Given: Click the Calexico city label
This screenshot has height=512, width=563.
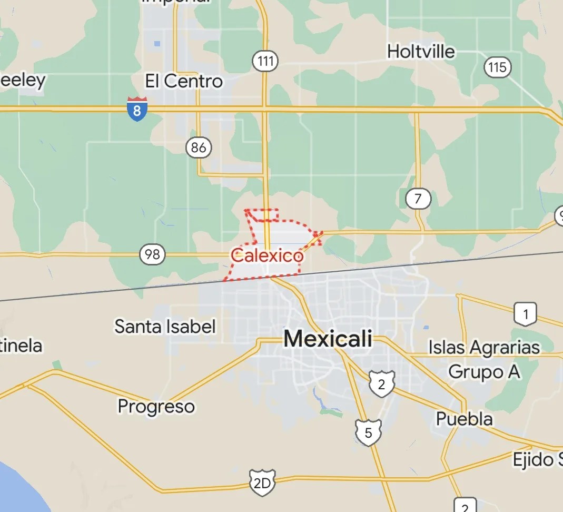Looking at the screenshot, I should click(x=267, y=257).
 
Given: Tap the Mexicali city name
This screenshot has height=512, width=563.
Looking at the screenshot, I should click(x=328, y=339).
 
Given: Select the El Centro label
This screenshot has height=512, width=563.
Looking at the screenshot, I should click(x=184, y=81).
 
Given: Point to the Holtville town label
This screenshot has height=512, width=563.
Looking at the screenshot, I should click(x=421, y=52).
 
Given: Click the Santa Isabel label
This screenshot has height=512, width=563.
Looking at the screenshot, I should click(x=165, y=327).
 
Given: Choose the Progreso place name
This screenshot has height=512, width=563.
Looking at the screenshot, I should click(x=156, y=407).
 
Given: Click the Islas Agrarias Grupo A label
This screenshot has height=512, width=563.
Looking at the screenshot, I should click(x=484, y=360).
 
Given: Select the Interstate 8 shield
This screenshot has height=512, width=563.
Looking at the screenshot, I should click(x=137, y=109).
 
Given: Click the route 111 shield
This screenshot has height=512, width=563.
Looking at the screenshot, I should click(x=266, y=62).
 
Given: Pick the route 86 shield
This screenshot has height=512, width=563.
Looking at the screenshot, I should click(x=199, y=148).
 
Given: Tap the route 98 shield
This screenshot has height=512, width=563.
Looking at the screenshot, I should click(x=152, y=255).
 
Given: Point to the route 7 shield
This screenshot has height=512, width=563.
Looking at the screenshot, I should click(x=418, y=199).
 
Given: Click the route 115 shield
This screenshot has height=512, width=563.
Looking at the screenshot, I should click(x=497, y=67).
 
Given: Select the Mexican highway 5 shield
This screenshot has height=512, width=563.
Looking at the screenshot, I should click(x=368, y=432).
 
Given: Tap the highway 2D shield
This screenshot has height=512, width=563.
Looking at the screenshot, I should click(x=262, y=483).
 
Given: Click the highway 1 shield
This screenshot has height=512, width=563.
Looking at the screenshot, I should click(x=525, y=314).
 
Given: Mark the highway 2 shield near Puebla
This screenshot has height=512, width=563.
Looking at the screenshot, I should click(x=381, y=383).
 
